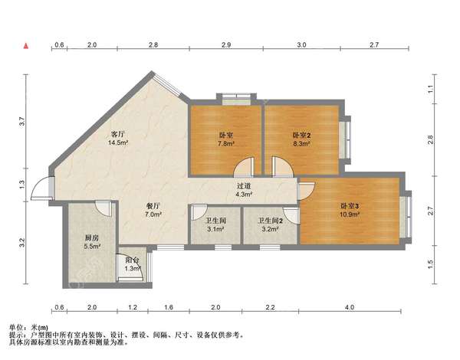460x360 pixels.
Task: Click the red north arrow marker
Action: pyautogui.click(x=26, y=46)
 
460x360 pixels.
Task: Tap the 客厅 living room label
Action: pyautogui.click(x=118, y=134)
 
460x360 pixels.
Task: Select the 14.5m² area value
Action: pyautogui.click(x=118, y=143)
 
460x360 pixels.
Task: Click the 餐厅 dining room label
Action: pyautogui.click(x=153, y=206)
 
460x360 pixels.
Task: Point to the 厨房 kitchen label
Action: pyautogui.click(x=92, y=237)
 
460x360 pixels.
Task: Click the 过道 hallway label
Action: pyautogui.click(x=244, y=185)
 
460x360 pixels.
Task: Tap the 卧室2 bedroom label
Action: pyautogui.click(x=301, y=135)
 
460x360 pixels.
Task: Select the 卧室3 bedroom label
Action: pyautogui.click(x=350, y=206)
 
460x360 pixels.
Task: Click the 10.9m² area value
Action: pyautogui.click(x=350, y=214)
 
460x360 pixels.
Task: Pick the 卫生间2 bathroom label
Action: pyautogui.click(x=270, y=221)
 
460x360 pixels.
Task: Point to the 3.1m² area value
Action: pyautogui.click(x=216, y=229)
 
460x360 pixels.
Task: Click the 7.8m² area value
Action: pyautogui.click(x=226, y=144)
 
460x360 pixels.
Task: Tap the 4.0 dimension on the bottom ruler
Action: pyautogui.click(x=350, y=307)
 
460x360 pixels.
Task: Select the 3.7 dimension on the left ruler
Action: pyautogui.click(x=21, y=121)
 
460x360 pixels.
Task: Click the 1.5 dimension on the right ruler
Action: pyautogui.click(x=430, y=264)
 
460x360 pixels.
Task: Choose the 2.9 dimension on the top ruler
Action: pyautogui.click(x=226, y=45)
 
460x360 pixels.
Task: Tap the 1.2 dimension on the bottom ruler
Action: pyautogui.click(x=133, y=307)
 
